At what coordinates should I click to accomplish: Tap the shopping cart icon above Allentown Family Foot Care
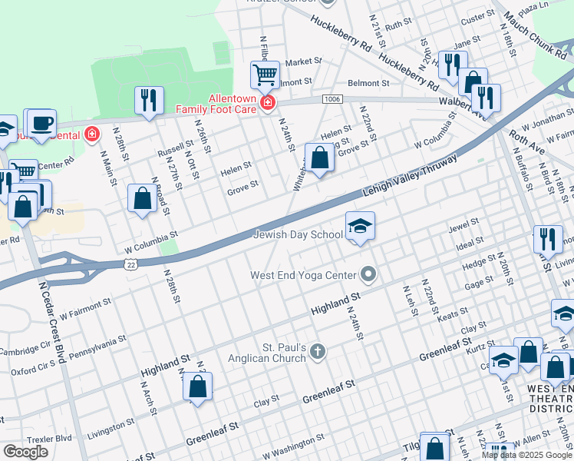[x=264, y=75]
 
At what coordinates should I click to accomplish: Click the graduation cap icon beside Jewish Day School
[x=360, y=225]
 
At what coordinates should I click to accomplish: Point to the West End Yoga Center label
[x=304, y=275]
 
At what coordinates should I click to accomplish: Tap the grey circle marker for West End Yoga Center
[x=369, y=274]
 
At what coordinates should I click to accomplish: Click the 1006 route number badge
[x=332, y=99]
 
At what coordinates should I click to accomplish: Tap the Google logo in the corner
[x=25, y=452]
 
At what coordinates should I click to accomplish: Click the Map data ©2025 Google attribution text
[x=527, y=455]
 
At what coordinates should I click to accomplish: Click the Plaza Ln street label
[x=534, y=8]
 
